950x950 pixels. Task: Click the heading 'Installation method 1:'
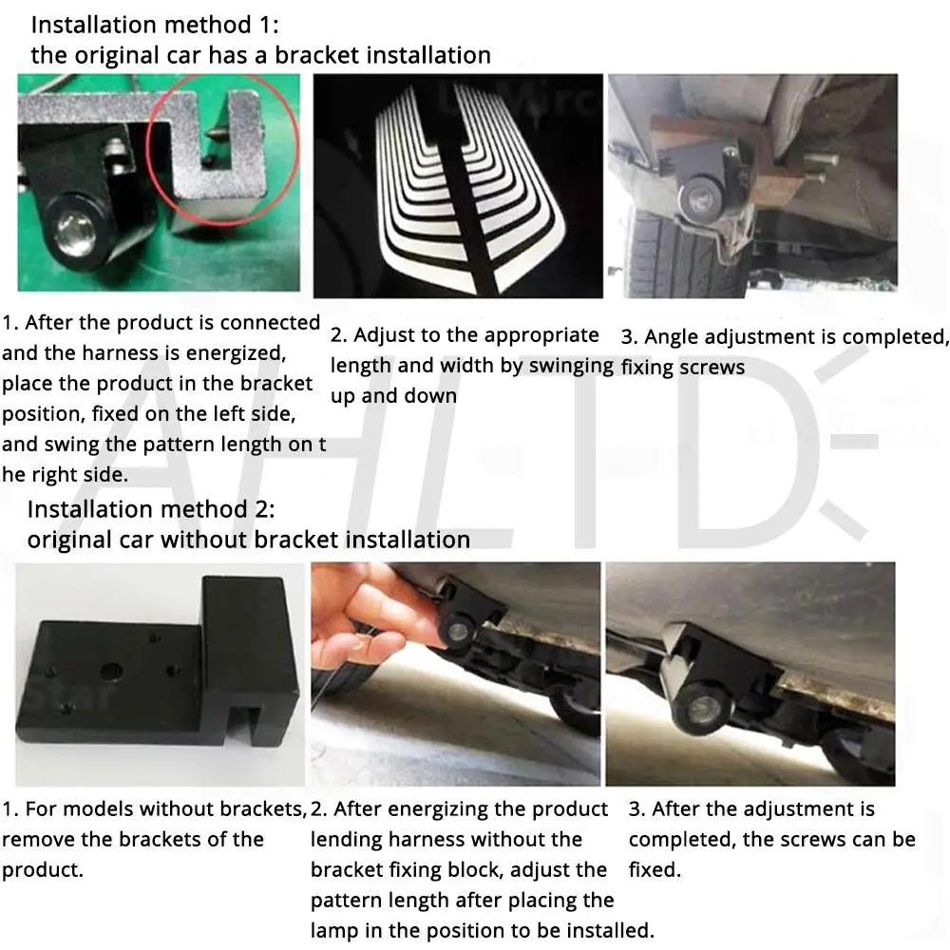[x=155, y=26]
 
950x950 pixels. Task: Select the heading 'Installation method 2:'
[x=151, y=509]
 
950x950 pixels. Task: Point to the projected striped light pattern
[x=469, y=188]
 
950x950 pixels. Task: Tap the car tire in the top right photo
[x=678, y=255]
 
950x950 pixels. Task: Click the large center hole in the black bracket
[x=111, y=672]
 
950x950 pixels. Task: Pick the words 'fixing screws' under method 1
[x=683, y=367]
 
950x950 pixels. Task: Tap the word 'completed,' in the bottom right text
[x=681, y=840]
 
